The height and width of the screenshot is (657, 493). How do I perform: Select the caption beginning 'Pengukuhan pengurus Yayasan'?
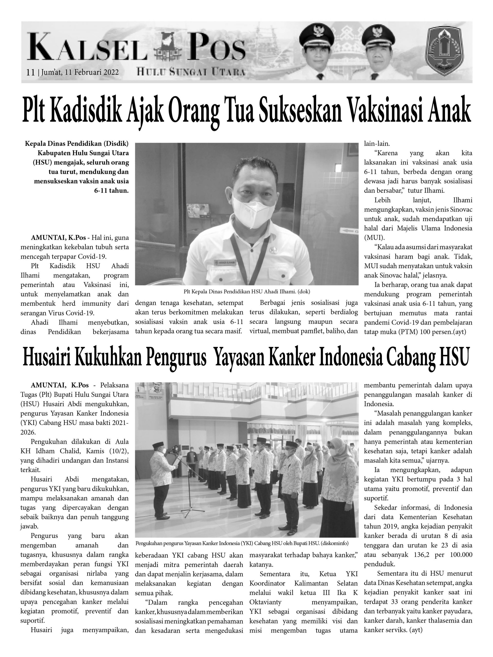[242, 543]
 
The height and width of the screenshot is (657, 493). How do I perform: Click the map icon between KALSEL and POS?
[167, 50]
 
